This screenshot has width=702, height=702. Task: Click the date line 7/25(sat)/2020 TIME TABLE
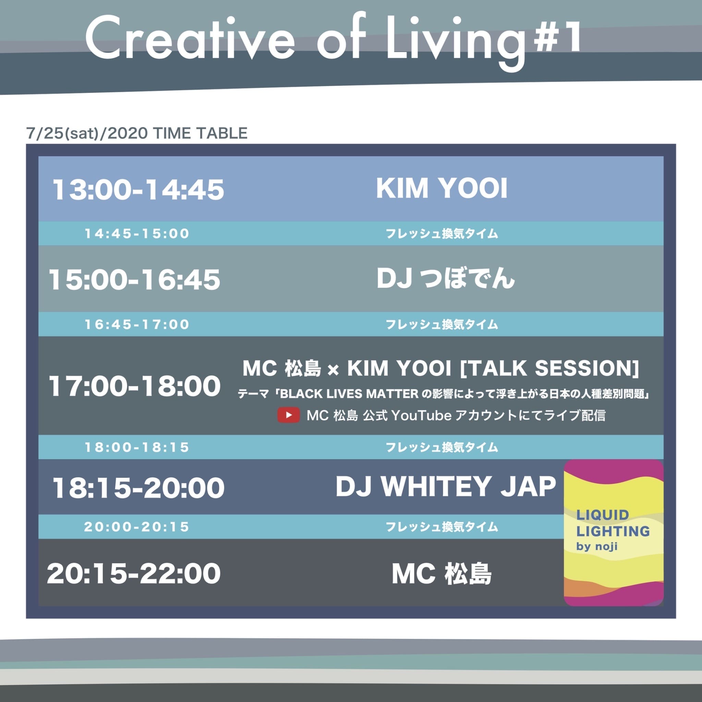click(x=137, y=133)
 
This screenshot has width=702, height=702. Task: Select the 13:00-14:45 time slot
click(x=138, y=190)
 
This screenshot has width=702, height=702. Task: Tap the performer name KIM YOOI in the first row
click(x=441, y=189)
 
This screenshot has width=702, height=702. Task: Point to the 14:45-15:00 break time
click(x=137, y=233)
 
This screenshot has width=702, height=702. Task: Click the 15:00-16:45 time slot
click(x=134, y=280)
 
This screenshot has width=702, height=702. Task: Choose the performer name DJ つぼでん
click(x=446, y=279)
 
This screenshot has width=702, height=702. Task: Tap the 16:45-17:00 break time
click(x=137, y=324)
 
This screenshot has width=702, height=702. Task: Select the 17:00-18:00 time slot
click(x=134, y=386)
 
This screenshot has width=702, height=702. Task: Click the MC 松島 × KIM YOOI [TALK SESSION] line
click(x=441, y=368)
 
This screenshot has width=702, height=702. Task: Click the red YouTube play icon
click(x=289, y=415)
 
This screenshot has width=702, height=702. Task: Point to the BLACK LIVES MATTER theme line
click(x=444, y=394)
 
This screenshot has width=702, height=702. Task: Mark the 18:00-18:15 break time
click(x=137, y=447)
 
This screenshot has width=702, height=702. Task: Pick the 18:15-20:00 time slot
click(x=138, y=488)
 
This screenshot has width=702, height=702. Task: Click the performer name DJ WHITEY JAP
click(x=446, y=486)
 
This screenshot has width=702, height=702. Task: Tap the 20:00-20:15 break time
click(x=137, y=526)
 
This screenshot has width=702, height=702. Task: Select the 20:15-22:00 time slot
click(x=134, y=573)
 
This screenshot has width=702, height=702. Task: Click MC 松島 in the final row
click(x=441, y=574)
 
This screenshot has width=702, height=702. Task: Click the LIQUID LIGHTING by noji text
click(x=613, y=530)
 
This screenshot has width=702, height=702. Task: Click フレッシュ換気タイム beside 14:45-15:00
click(x=441, y=233)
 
